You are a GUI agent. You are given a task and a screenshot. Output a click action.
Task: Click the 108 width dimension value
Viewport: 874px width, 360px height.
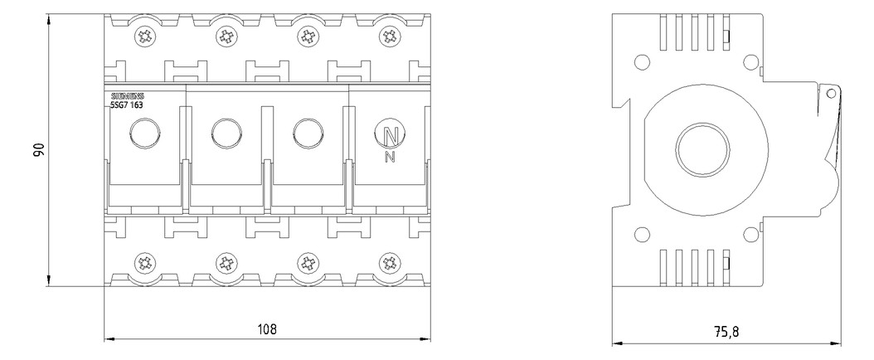266,328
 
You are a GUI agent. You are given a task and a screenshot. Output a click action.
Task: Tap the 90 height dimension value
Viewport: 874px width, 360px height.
38,149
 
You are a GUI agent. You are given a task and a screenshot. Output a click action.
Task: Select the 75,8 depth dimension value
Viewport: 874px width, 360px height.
727,332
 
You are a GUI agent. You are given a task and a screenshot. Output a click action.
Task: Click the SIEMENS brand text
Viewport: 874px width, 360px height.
129,95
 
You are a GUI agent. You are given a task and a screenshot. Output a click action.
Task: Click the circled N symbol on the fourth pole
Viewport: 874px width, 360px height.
391,134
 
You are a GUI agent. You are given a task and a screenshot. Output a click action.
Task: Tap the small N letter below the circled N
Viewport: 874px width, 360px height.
391,158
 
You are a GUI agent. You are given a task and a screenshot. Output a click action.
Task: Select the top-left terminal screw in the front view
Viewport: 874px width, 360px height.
145,37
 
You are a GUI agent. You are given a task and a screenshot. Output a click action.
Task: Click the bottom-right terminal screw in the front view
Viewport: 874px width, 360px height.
389,262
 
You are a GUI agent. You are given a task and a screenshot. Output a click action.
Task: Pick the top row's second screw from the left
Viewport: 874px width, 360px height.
226,37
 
